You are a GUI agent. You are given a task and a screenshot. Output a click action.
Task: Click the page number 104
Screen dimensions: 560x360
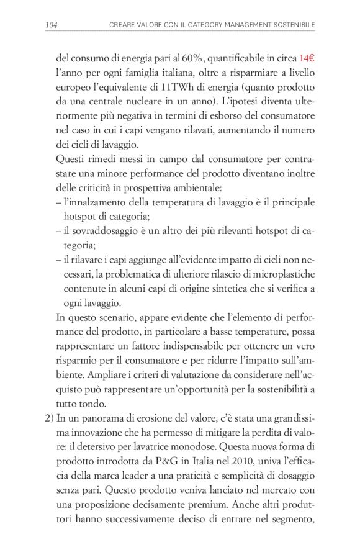pos(52,25)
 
